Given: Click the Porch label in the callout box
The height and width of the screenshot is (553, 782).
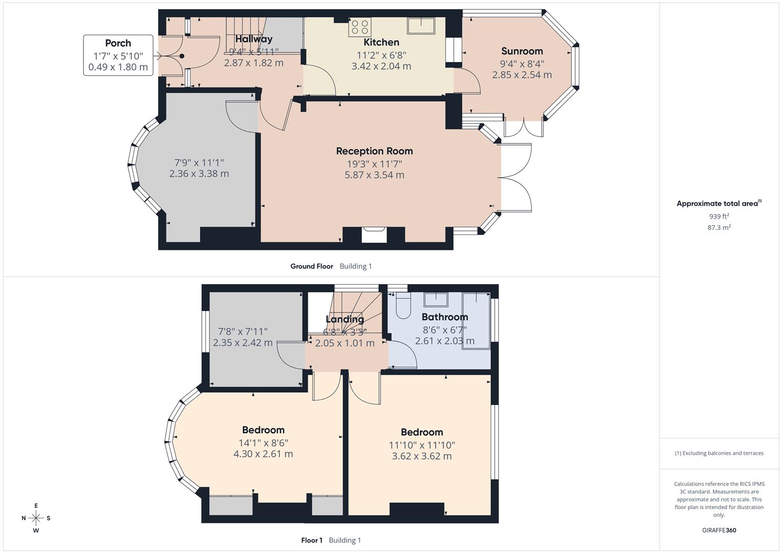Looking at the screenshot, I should [118, 44].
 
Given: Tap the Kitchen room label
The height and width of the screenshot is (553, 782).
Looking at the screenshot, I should [381, 42].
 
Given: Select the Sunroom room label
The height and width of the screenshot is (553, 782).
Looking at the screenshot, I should [522, 51].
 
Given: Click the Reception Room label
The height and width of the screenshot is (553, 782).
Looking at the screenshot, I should [374, 151].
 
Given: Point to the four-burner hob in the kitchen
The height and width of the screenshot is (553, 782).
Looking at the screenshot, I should [360, 27].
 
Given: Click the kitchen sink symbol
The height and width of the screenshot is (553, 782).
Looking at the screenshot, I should [421, 25].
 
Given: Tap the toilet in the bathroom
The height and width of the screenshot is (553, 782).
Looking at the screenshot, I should [403, 306].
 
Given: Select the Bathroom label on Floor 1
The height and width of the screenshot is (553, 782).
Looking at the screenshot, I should [445, 317].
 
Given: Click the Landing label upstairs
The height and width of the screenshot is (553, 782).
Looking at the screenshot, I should [345, 320].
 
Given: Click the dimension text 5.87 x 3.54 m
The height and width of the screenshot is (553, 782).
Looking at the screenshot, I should [374, 175].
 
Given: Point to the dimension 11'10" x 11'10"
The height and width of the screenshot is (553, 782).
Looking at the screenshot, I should [421, 445].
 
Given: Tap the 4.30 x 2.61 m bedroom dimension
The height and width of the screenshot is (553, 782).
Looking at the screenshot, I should [263, 454].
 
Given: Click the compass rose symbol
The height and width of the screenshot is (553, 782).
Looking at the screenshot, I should [36, 518].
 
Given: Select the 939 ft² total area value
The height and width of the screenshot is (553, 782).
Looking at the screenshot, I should [719, 217].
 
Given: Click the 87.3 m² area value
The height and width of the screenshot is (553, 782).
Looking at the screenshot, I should [719, 228].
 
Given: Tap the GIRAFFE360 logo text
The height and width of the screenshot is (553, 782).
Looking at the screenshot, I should [719, 530].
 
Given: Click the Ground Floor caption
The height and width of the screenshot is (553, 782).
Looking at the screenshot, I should [311, 266].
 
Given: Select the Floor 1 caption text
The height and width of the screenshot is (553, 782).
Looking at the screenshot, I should [311, 540].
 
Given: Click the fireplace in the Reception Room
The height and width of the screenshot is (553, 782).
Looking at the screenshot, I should [373, 234].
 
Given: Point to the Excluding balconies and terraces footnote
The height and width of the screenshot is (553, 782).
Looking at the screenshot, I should [719, 453].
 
